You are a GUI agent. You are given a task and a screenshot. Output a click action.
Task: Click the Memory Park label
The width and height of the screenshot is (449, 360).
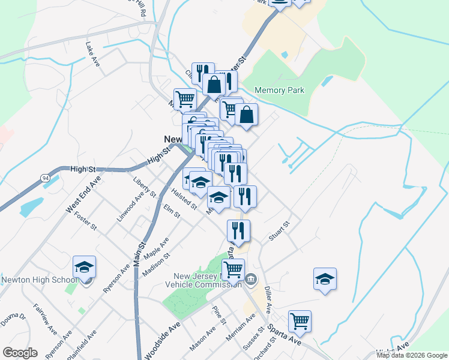coord(279,90)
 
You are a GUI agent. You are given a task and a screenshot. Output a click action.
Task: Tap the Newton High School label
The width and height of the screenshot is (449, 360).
coord(37,280)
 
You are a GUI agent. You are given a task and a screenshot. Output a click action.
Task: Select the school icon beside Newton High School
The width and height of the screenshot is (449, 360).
coord(85,268)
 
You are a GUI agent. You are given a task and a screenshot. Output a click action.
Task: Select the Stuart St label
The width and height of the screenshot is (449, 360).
coord(279,231)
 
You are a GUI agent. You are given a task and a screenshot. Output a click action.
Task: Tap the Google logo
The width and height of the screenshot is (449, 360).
coord(20,353)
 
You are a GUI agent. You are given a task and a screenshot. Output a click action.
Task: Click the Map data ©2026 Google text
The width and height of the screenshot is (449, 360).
coord(411,355)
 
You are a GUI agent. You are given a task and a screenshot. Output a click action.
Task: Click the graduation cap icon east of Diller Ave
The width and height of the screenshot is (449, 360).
coord(325,279)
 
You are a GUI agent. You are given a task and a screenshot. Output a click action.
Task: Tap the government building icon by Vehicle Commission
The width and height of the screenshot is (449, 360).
coord(252,278)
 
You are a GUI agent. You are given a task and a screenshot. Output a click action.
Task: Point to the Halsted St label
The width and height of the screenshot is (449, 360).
coord(184,199)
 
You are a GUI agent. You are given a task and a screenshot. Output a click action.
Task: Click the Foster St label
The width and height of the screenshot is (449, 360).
coord(85,220)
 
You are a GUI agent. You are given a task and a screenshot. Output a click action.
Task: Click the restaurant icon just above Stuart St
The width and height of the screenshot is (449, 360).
coord(239,230)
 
